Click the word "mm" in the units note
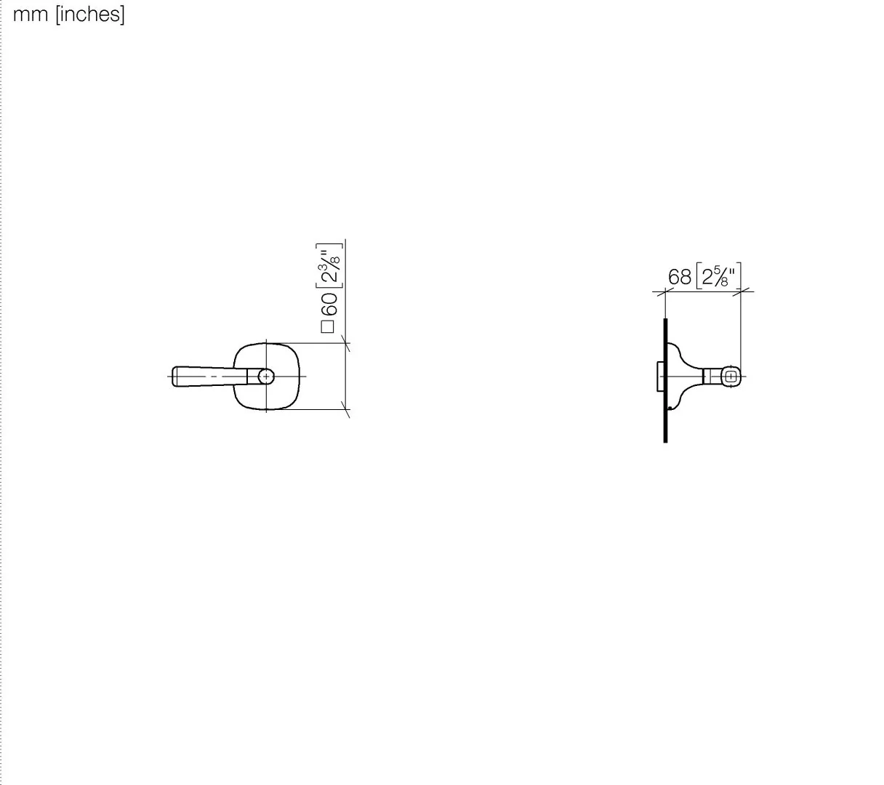click(31, 15)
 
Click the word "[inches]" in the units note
click(90, 15)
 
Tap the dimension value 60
click(329, 304)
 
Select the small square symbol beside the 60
click(327, 327)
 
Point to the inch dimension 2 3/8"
click(329, 266)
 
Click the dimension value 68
click(680, 277)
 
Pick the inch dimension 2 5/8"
click(718, 275)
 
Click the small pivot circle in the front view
click(266, 376)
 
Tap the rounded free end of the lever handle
click(174, 376)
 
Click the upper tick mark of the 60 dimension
click(345, 343)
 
